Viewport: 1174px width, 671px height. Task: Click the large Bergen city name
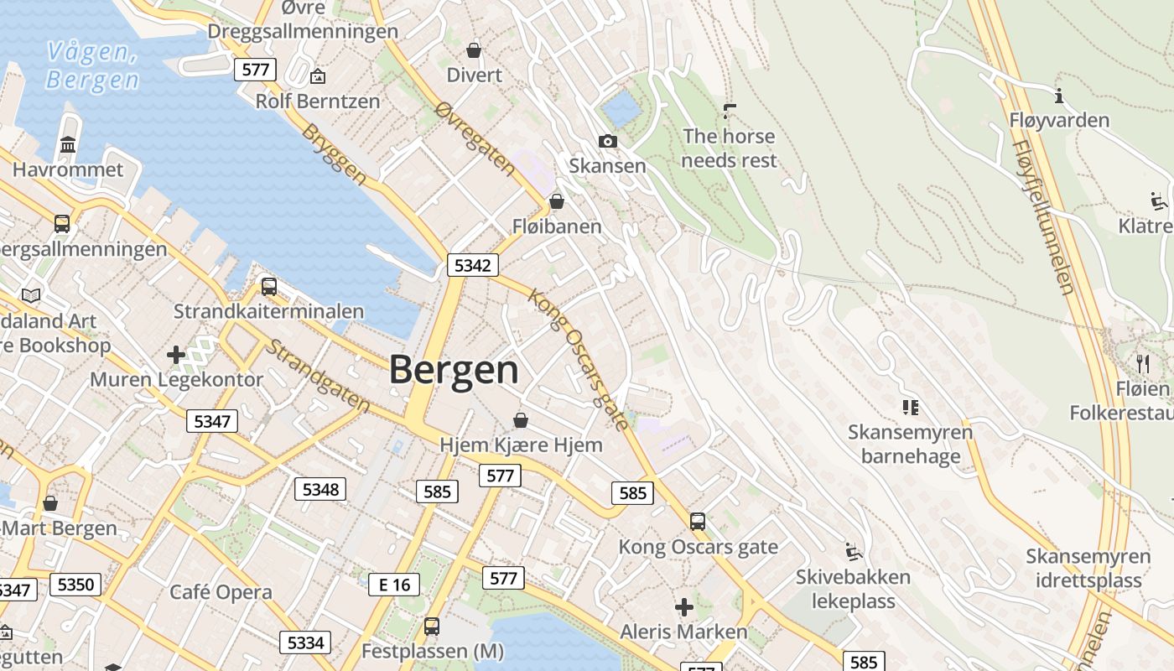[x=454, y=370]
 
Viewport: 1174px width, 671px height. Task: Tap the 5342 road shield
[x=473, y=265]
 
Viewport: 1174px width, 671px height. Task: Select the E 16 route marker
[x=394, y=584]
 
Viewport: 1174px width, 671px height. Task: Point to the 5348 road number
[x=320, y=488]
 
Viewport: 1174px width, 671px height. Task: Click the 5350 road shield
[x=75, y=584]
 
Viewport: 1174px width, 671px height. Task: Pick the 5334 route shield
[x=305, y=642]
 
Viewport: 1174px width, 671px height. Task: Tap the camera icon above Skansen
[x=608, y=141]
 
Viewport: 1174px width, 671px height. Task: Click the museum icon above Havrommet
[x=68, y=145]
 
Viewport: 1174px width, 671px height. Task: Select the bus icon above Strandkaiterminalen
[x=268, y=286]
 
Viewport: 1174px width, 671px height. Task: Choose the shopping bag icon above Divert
[x=474, y=50]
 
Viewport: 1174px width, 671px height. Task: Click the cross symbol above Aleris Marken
[x=684, y=606]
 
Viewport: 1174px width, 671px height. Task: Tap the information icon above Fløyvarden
[x=1059, y=96]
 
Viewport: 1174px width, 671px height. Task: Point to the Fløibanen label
[x=557, y=226]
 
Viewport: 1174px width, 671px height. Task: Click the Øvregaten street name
[x=475, y=139]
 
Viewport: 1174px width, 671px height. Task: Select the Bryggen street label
[x=334, y=155]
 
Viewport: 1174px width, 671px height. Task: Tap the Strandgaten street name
[x=319, y=376]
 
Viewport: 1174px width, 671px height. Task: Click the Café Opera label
[x=221, y=592]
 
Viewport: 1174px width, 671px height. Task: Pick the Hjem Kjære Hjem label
[x=521, y=445]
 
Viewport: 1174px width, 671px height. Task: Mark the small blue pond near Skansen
[x=621, y=109]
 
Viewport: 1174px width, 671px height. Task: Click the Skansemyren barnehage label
[x=910, y=445]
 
